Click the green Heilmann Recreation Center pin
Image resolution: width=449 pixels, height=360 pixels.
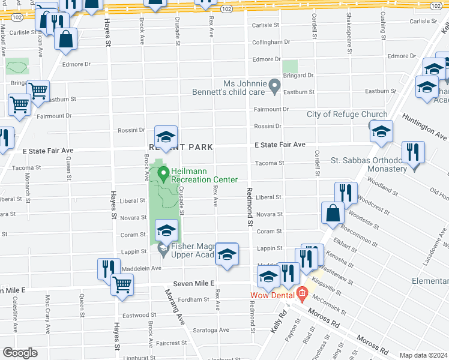pos(163,175)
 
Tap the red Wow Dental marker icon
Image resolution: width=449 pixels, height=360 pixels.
pos(301,294)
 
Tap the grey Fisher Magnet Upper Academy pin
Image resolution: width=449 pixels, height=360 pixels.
pos(162,247)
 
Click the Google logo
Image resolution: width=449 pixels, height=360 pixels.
pos(20,353)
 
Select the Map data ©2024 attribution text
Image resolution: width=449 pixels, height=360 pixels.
pos(424,355)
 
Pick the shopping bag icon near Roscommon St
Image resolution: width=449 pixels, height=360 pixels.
pos(333,213)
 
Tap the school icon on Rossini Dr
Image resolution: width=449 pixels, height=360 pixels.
pos(166,136)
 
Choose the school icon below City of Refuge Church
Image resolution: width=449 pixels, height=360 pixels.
pos(381,131)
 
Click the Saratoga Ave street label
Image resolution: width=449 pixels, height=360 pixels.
pos(211,330)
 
